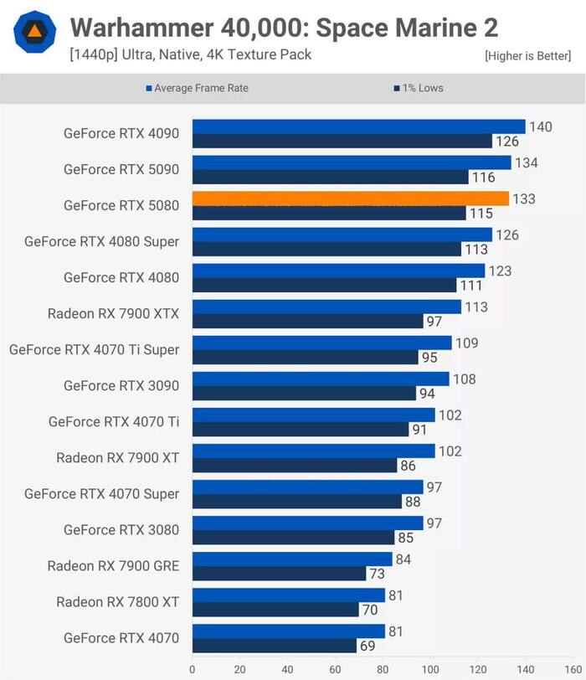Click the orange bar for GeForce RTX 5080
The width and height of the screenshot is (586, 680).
pos(350,198)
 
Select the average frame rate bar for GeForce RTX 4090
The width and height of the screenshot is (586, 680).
pos(358,126)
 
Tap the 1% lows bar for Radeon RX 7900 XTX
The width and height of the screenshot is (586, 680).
pos(307,322)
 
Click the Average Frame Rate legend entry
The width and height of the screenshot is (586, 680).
pos(197,88)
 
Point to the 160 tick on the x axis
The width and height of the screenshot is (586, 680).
pos(573,670)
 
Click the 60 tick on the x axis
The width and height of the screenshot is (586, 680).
pos(336,670)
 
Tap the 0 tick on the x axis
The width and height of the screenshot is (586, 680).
pos(193,670)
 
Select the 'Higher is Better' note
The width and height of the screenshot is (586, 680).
pos(527,56)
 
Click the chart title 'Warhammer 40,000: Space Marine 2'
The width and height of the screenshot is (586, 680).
pos(284,28)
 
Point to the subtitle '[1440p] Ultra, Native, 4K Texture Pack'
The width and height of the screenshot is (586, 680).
pos(191,55)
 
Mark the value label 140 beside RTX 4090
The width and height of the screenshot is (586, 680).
pos(541,126)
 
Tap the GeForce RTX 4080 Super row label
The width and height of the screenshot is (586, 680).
pos(102,241)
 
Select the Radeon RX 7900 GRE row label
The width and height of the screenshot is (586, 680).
pos(113,565)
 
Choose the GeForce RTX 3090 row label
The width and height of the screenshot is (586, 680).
pos(121,385)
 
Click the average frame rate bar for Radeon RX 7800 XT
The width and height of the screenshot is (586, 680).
pos(288,595)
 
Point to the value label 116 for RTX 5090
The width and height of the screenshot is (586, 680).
pos(483,178)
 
